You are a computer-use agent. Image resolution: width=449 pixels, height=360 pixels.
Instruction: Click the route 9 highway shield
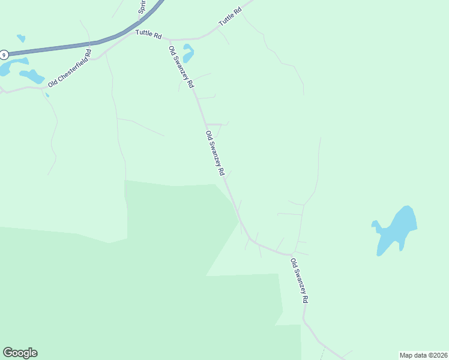coord(4,55)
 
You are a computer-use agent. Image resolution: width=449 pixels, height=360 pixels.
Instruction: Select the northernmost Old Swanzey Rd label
coord(182,67)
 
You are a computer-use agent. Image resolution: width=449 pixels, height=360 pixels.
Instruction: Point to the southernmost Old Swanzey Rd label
coord(299,280)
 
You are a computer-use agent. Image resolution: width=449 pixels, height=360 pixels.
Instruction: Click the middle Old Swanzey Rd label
coord(214,153)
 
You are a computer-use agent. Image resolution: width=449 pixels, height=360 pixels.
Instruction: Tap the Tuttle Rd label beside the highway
coord(149,34)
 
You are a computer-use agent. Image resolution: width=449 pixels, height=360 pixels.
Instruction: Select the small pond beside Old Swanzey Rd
coord(188,54)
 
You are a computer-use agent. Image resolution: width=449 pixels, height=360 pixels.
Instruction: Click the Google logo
coord(20,353)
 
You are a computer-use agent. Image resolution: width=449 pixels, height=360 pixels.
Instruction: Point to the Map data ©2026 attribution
coord(423,355)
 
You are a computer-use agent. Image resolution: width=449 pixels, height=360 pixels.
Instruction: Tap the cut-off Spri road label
coord(142,7)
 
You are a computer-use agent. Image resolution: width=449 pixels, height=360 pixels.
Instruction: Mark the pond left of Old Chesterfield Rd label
coord(32,76)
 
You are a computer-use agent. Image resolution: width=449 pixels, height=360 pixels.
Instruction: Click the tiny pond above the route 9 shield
coord(21,38)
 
